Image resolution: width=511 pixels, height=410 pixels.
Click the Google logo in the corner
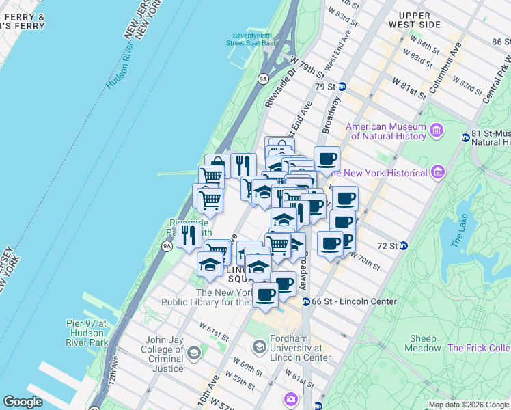click(x=23, y=402)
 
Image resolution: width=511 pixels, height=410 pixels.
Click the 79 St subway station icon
click(x=342, y=87)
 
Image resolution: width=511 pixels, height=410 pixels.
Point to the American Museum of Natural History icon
click(x=436, y=129)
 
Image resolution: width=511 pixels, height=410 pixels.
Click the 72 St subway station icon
click(x=403, y=245)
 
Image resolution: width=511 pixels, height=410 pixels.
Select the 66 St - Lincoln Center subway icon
click(x=306, y=301)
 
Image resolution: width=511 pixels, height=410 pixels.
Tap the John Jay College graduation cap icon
click(x=194, y=353)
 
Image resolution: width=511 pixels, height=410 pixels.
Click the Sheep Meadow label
click(x=423, y=343)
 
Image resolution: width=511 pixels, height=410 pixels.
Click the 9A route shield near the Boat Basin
click(x=263, y=79)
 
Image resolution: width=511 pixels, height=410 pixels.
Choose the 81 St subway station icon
click(x=466, y=137)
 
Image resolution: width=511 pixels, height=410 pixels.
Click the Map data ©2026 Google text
click(x=469, y=405)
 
